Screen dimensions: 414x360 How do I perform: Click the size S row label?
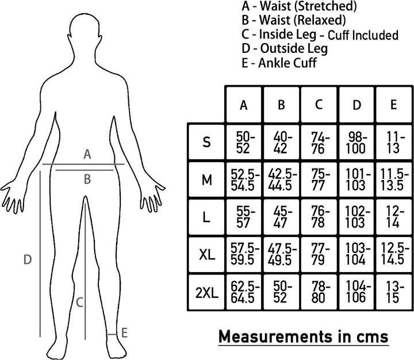[207, 142]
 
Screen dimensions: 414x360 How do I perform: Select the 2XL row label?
[207, 293]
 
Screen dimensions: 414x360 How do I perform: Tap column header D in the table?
[356, 105]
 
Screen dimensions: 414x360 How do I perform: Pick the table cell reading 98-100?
[356, 143]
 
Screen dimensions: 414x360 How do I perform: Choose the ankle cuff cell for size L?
[394, 217]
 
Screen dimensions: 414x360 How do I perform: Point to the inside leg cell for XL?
[319, 254]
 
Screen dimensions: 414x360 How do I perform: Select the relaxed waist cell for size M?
[281, 180]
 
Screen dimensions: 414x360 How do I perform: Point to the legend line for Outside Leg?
[285, 49]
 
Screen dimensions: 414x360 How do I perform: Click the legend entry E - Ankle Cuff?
[279, 63]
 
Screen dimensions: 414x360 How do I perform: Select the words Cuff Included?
[363, 35]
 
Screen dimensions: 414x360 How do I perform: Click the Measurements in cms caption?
[304, 337]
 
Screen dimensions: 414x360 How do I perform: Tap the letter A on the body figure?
[87, 154]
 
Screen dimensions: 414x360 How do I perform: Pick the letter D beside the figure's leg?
[28, 259]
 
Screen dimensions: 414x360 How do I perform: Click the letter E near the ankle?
[124, 333]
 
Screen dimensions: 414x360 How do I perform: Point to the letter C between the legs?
[79, 302]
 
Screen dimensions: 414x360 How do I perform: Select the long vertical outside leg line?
[40, 254]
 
